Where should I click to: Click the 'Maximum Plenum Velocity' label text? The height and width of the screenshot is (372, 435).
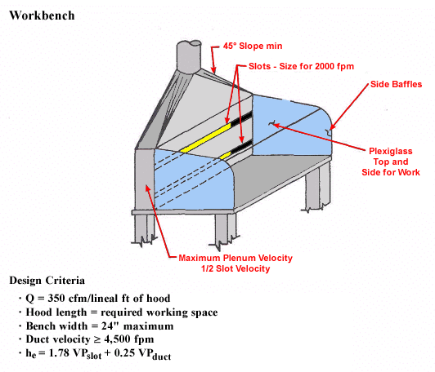[x=235, y=258]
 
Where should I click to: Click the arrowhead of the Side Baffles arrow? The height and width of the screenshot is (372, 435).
[x=330, y=127]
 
